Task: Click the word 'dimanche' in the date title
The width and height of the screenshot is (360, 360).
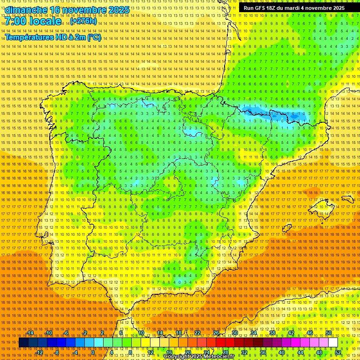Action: click(x=26, y=10)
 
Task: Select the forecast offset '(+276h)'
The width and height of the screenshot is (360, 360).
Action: click(x=83, y=21)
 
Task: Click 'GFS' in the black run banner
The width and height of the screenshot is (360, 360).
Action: click(x=262, y=8)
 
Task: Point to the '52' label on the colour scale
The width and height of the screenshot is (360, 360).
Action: click(x=338, y=352)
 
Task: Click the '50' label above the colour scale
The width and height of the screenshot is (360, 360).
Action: click(x=329, y=333)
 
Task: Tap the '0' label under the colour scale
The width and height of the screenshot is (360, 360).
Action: click(x=93, y=352)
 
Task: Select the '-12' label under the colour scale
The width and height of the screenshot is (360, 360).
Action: click(x=39, y=352)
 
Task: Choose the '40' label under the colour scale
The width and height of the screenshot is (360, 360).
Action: click(x=282, y=352)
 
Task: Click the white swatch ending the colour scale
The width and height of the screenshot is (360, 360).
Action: click(x=333, y=343)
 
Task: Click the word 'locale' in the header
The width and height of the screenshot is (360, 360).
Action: click(x=46, y=21)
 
